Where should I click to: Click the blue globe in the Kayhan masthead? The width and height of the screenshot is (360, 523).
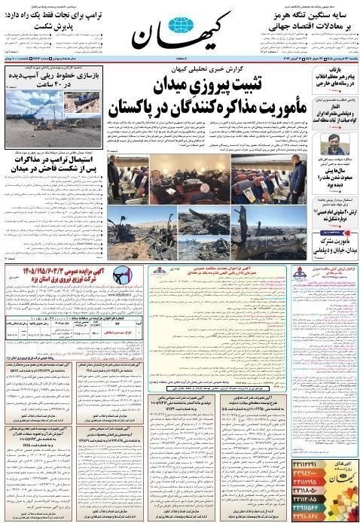[179, 26]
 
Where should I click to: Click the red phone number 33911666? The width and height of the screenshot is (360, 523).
[310, 508]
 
